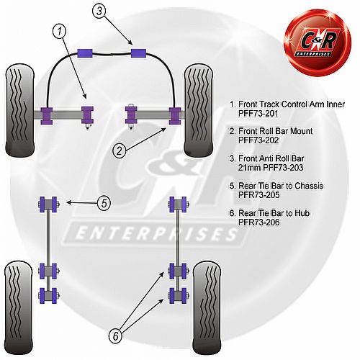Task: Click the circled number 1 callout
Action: (59, 31)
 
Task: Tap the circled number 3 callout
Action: (99, 11)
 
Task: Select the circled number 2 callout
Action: (120, 150)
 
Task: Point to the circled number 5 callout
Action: (104, 204)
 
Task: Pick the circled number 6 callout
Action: (116, 336)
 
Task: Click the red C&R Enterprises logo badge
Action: (318, 42)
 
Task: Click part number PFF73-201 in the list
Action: (258, 113)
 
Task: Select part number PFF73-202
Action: (258, 140)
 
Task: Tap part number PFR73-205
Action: (258, 195)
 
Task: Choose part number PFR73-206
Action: (258, 222)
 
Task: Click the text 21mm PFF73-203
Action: (271, 168)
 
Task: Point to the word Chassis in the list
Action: (309, 186)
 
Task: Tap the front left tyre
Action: (19, 111)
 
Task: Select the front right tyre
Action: (199, 111)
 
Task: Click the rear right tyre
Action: (207, 308)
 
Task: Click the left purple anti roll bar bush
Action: (85, 53)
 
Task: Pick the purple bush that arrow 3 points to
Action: (138, 53)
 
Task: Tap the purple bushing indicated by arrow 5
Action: (48, 204)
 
